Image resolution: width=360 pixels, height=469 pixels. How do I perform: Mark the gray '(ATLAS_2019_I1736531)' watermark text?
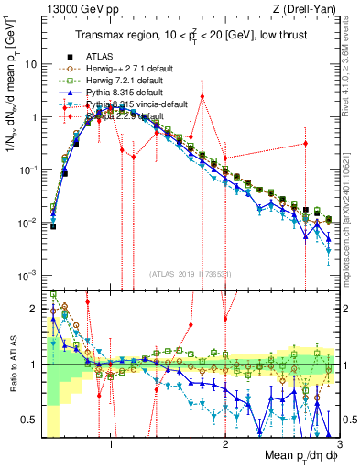(191, 275)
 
